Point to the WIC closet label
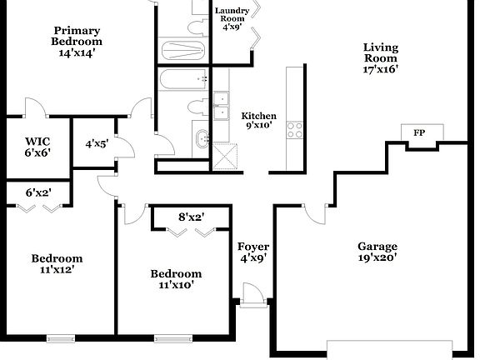tap(38, 147)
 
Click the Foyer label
tap(253, 252)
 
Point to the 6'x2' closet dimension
tap(38, 192)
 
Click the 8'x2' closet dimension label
tap(191, 217)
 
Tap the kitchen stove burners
tap(295, 129)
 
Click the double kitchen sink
tap(221, 106)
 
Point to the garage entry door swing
tap(314, 212)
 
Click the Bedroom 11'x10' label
tap(176, 279)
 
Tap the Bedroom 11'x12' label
tap(57, 264)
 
